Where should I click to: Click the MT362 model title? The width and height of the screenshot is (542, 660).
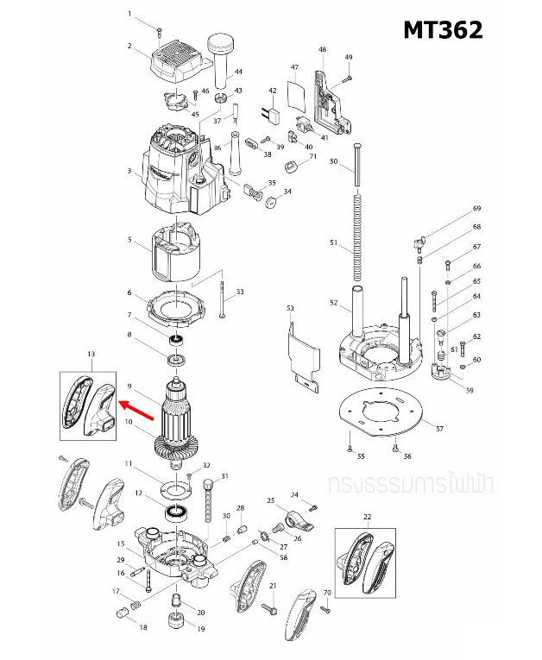(x=443, y=29)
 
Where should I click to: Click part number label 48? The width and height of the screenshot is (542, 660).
(x=322, y=50)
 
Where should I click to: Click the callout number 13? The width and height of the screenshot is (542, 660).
(x=91, y=355)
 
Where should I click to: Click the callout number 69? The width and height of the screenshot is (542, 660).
(x=476, y=209)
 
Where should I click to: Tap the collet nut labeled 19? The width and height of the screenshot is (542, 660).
(x=176, y=619)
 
